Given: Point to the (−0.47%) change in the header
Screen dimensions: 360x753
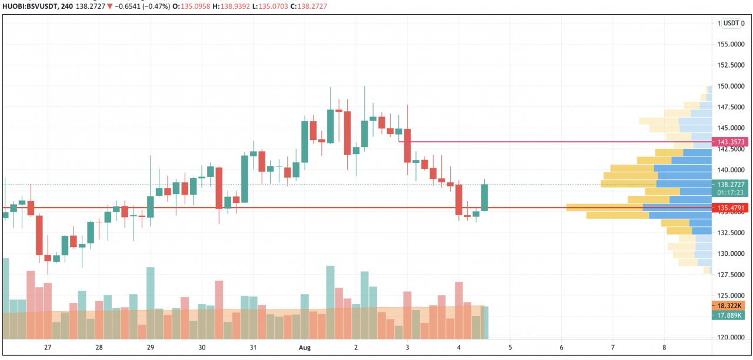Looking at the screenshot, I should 153,6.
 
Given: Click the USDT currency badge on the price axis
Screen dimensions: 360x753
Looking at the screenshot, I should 731,23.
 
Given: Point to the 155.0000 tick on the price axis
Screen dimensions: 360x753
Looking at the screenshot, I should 731,44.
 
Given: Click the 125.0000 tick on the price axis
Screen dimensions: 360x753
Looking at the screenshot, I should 731,295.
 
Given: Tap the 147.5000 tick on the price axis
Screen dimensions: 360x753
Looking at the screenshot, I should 731,107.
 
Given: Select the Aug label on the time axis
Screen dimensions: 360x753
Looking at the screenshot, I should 305,348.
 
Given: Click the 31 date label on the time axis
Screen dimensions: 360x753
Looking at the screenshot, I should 254,348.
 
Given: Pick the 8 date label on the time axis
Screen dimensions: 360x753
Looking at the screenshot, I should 664,348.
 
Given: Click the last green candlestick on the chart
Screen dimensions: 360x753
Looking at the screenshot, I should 485,197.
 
